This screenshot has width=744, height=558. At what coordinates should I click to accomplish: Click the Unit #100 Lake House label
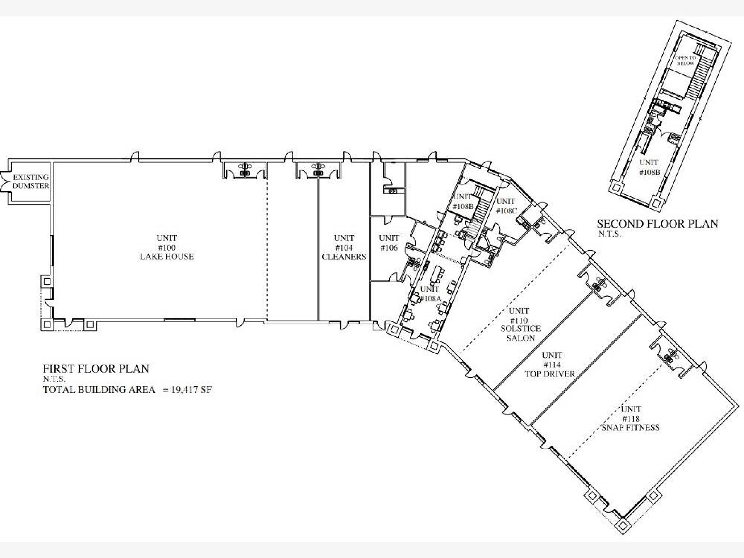[167, 247]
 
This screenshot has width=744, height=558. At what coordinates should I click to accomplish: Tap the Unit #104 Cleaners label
[344, 247]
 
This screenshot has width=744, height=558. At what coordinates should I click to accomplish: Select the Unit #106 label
[389, 243]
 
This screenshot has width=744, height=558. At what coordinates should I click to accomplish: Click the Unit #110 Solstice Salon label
[520, 324]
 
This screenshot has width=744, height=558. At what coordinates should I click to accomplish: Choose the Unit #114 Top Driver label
[550, 365]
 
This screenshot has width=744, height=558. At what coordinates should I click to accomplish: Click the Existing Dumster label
[31, 181]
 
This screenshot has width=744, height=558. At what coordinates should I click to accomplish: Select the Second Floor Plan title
[658, 224]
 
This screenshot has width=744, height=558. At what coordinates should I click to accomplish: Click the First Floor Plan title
[96, 369]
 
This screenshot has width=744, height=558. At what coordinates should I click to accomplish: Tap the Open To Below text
[685, 61]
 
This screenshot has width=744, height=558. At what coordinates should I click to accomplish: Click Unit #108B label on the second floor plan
[649, 167]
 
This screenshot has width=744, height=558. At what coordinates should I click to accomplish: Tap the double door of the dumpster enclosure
[4, 182]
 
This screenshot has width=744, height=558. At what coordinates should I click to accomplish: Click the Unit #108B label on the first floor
[463, 201]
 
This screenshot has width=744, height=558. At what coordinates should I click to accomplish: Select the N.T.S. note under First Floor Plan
[54, 379]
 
